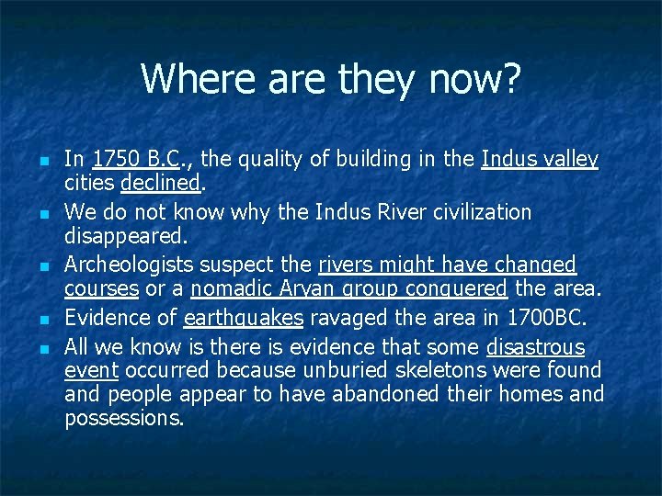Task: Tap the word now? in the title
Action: coord(474,79)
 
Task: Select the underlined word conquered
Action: coord(457,289)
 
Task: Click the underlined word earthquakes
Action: coord(244,319)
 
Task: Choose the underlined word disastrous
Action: coord(535,347)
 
